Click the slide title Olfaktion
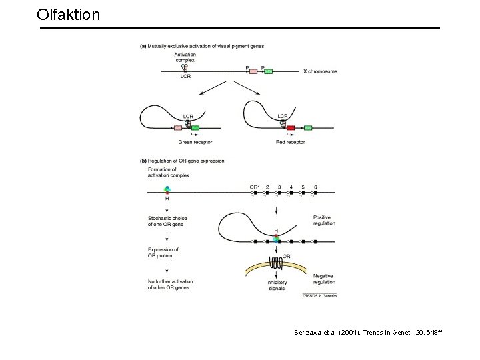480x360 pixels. click(69, 14)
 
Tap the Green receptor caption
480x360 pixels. click(191, 141)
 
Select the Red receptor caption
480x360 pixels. click(291, 141)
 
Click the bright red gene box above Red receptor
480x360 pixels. click(291, 127)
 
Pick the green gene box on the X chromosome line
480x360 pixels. click(268, 71)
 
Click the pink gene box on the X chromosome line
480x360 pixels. click(253, 71)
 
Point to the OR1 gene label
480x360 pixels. click(255, 187)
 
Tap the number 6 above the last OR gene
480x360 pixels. click(315, 187)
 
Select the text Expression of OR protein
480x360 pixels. click(163, 252)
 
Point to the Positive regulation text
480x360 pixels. click(324, 221)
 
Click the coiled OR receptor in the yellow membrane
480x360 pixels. click(276, 263)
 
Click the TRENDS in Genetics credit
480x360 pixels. click(319, 295)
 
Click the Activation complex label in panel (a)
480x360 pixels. click(185, 57)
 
